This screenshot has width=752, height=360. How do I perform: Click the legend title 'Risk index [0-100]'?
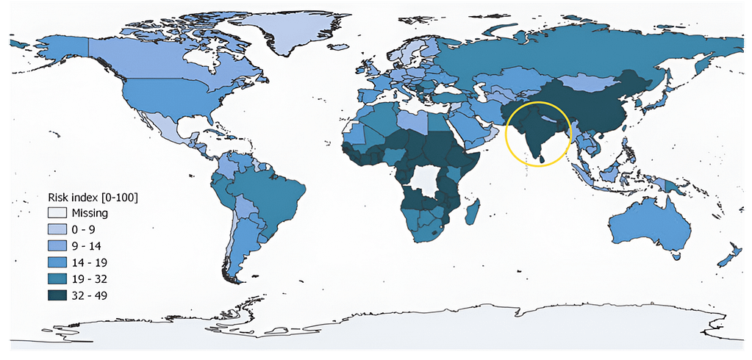(93, 198)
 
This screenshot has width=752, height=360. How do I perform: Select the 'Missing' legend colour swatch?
(57, 213)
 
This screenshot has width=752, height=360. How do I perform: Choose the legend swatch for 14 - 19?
(57, 262)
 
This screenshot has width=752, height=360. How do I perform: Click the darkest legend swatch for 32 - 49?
(57, 295)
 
